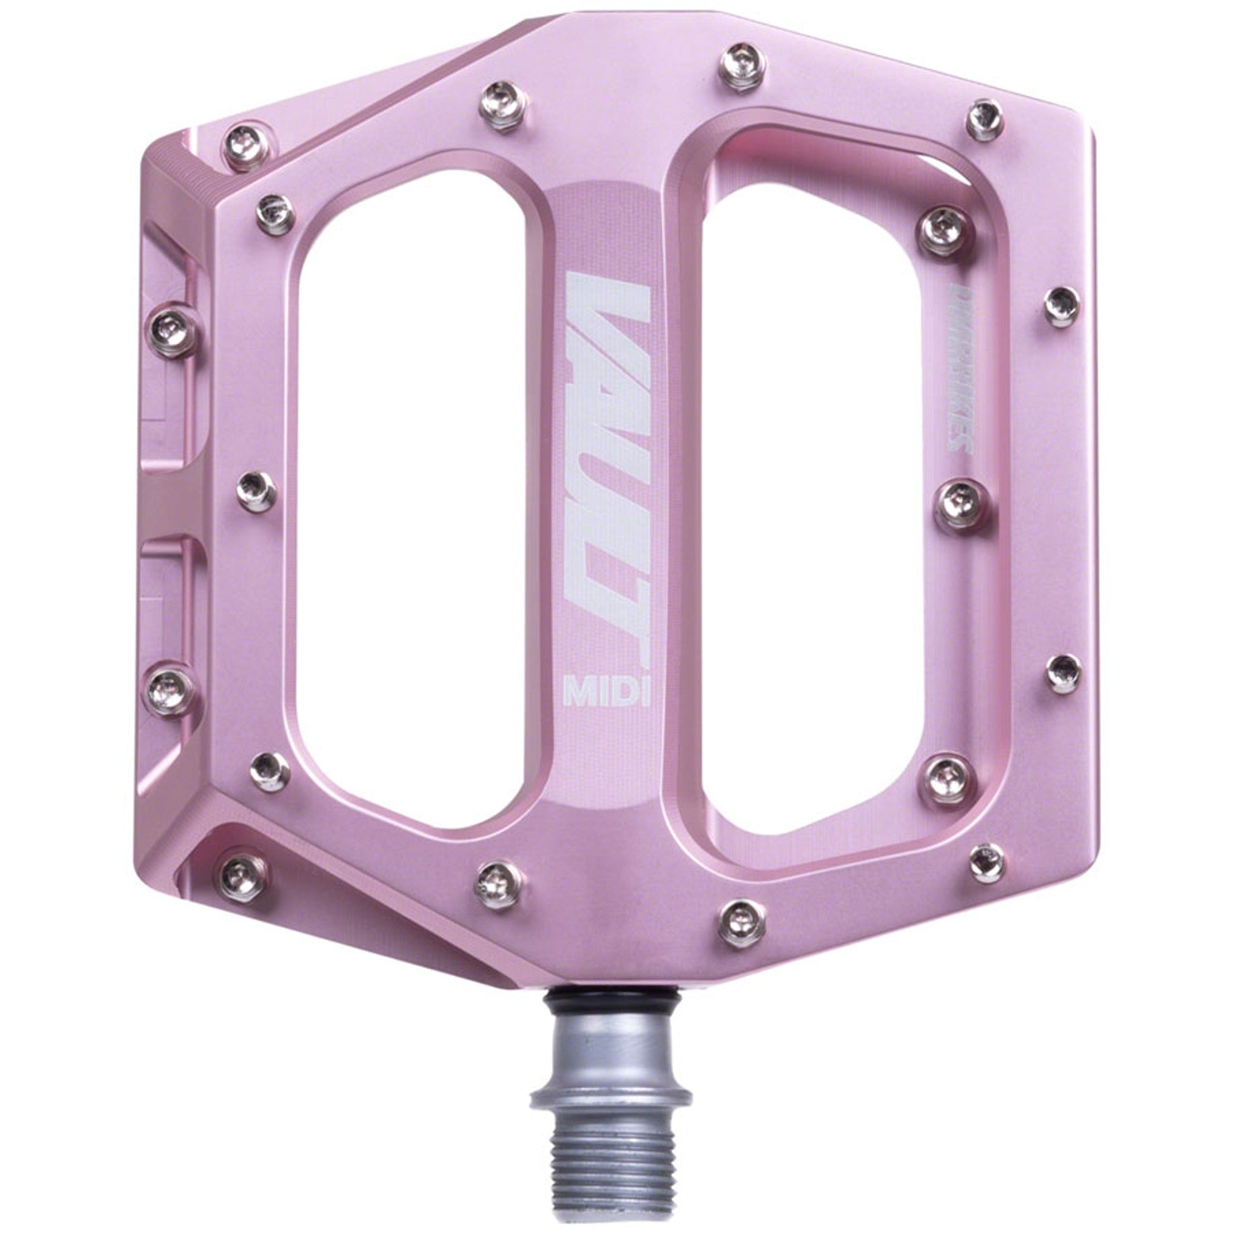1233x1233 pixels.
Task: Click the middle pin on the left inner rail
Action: tap(256, 491)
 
